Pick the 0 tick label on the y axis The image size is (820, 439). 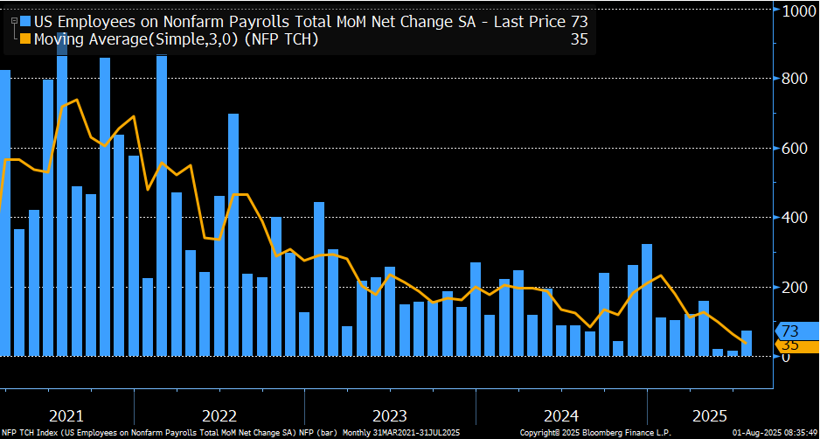pos(785,357)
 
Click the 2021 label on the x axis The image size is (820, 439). pos(66,414)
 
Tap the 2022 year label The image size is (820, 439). pos(219,414)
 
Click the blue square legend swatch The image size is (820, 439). pos(25,20)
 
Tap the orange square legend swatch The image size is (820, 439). pos(25,38)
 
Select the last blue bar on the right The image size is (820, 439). pos(747,344)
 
